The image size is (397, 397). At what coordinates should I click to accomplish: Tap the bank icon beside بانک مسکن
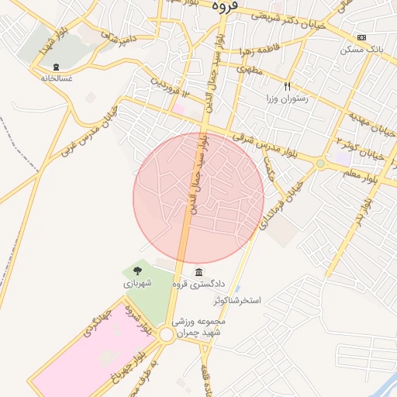coord(361,36)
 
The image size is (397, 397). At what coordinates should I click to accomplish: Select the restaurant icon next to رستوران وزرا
coord(288,87)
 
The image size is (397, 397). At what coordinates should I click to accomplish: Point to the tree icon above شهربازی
coord(137,271)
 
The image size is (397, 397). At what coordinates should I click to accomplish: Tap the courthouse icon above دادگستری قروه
coord(200,272)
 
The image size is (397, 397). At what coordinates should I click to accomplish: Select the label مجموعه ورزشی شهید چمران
coord(201,326)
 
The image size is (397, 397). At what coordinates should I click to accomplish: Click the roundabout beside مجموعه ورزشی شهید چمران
coord(166,334)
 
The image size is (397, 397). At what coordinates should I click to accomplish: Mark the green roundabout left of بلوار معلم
coord(320,164)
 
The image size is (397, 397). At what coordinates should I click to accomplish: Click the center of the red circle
coord(198,198)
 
